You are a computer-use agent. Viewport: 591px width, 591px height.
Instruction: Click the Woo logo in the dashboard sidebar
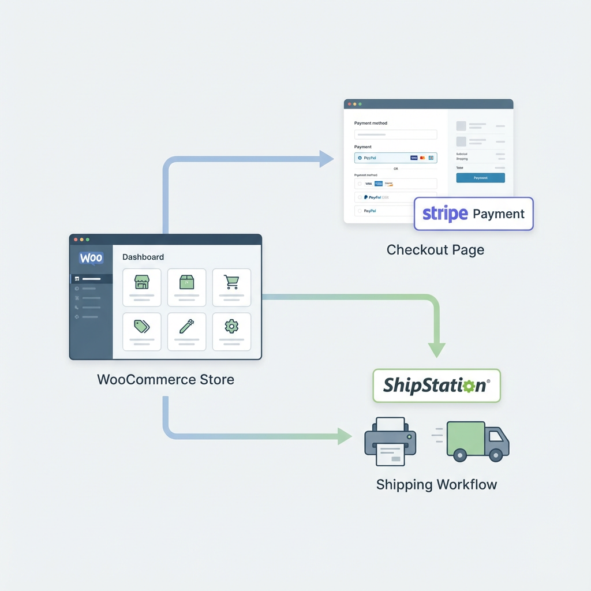[x=91, y=257]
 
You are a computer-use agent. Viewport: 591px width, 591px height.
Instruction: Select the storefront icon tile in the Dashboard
[x=141, y=287]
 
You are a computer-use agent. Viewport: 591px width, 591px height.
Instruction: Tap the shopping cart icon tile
[x=231, y=287]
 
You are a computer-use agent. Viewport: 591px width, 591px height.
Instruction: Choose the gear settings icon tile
[x=231, y=331]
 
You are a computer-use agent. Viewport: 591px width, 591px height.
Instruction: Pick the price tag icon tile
[x=141, y=331]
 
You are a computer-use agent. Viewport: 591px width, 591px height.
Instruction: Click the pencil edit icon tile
[x=186, y=331]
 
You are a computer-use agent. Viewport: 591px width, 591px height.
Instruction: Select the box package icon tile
[x=186, y=287]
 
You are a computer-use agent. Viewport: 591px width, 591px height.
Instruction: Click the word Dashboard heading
[x=143, y=257]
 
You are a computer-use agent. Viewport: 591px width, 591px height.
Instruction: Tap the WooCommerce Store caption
[x=166, y=379]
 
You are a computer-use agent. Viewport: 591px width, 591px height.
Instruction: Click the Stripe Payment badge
[x=473, y=214]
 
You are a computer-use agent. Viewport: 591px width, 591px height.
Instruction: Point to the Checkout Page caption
[x=435, y=250]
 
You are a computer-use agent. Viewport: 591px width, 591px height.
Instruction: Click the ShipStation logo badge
[x=436, y=386]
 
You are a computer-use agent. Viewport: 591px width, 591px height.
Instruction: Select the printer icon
[x=390, y=442]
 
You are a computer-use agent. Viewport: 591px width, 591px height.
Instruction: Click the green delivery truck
[x=477, y=441]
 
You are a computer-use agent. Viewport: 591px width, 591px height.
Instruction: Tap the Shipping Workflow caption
[x=436, y=484]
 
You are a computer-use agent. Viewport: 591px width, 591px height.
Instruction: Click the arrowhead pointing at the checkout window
[x=327, y=159]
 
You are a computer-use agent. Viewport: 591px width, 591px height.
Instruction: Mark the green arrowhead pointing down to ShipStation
[x=436, y=350]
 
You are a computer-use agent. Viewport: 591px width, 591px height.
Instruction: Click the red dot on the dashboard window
[x=76, y=239]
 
